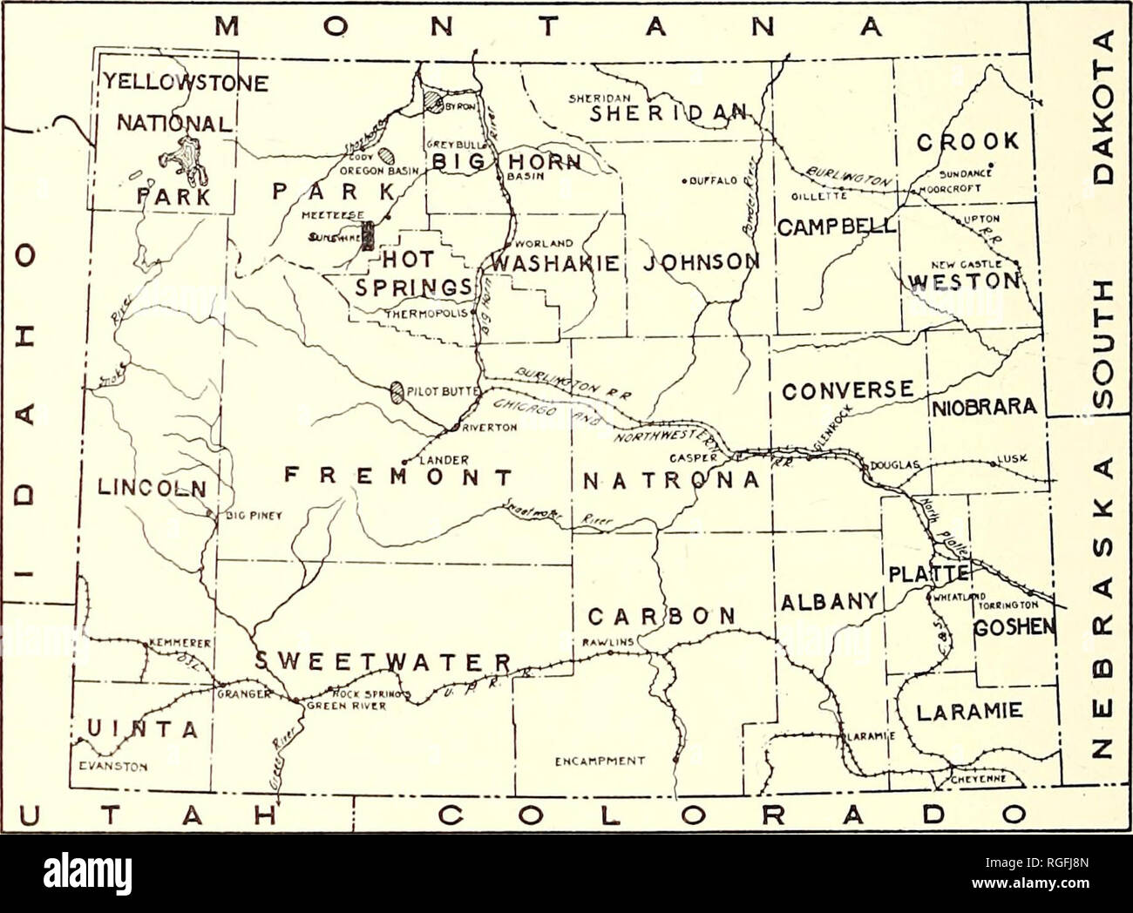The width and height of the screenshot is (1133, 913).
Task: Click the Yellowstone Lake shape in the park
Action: point(180,158)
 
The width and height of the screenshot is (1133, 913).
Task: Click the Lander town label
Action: point(432,460)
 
